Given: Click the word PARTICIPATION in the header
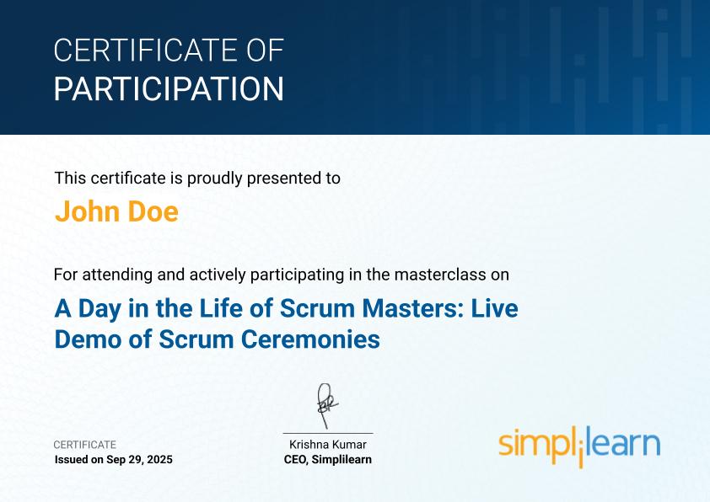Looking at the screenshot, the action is [x=169, y=88].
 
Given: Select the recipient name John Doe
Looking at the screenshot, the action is [x=116, y=211].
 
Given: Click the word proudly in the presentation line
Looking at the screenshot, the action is [x=215, y=179].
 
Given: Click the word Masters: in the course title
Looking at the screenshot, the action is [x=413, y=308].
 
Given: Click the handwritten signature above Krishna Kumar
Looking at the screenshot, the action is [x=327, y=405].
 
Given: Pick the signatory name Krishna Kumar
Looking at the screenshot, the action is [x=328, y=445].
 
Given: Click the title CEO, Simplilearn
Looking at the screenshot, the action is [x=328, y=460].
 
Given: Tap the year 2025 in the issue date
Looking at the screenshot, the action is [x=160, y=460].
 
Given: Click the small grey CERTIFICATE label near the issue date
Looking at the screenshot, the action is [x=84, y=445].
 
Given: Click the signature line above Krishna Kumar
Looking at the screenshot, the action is [x=328, y=433].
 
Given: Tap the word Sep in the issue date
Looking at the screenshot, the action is [x=115, y=460].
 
